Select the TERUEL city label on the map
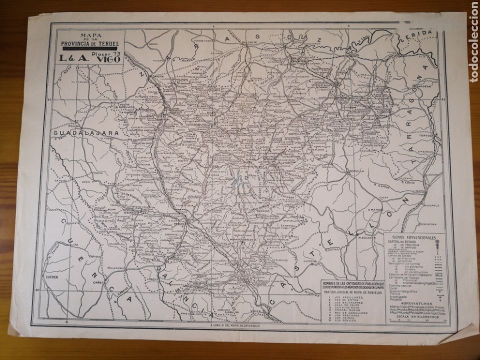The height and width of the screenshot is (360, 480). click(x=180, y=224)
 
